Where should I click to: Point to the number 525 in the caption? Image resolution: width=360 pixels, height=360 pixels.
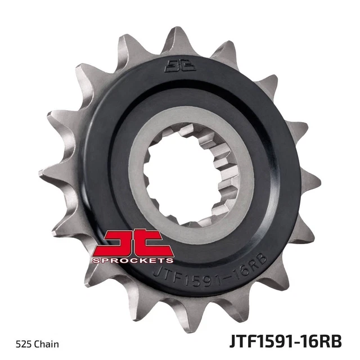[x=24, y=343]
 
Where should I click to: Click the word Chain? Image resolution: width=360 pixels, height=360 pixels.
[x=46, y=343]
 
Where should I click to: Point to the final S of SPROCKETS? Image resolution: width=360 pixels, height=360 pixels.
[x=169, y=260]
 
